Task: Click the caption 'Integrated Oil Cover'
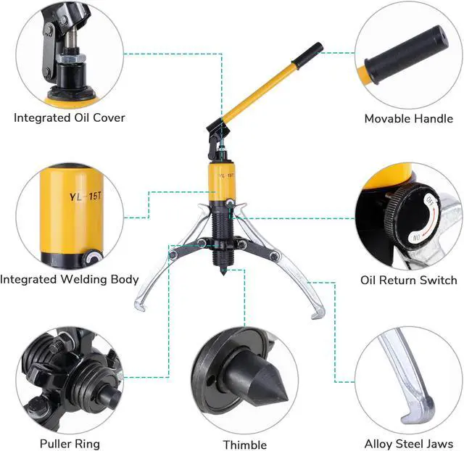tap(70, 117)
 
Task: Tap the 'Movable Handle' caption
tap(408, 118)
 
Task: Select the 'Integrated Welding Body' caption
tap(70, 279)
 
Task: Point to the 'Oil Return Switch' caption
tap(409, 280)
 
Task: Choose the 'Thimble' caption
tap(244, 444)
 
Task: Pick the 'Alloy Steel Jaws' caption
tap(409, 444)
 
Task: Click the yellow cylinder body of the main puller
tap(223, 182)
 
